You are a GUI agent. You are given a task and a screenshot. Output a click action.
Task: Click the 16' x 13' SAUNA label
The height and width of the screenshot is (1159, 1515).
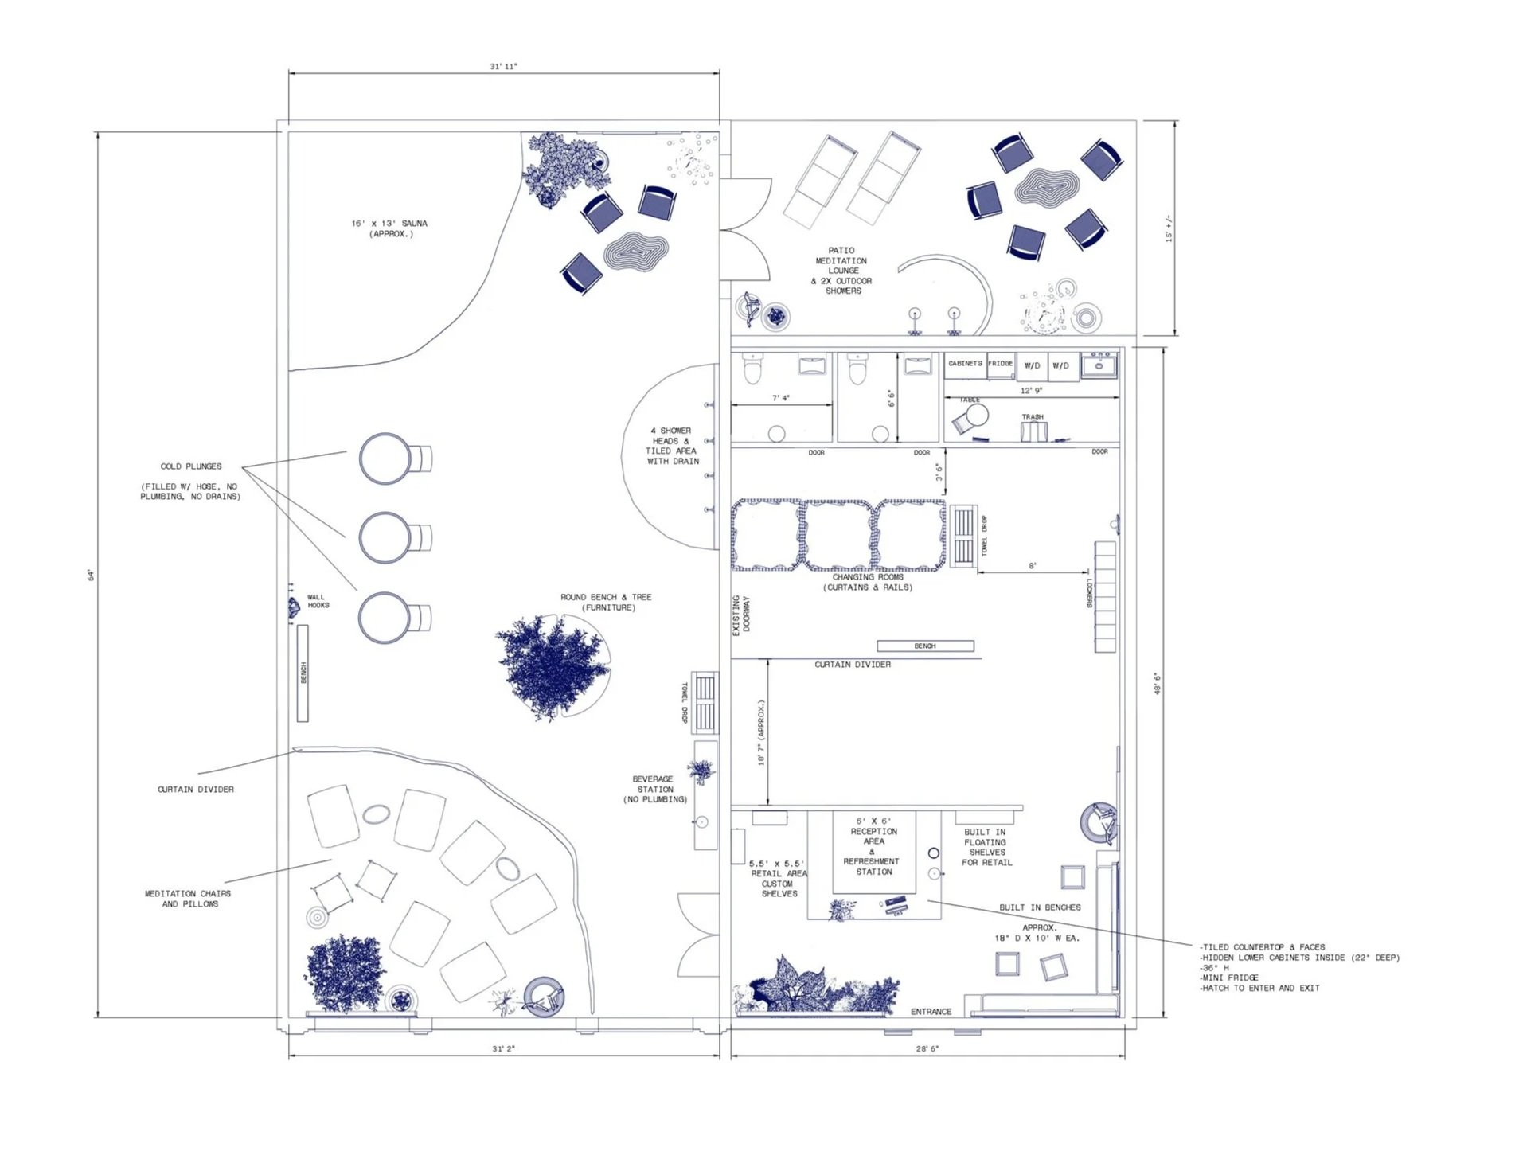[x=389, y=228]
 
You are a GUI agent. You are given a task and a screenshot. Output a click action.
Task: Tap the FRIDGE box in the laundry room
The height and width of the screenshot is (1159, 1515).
[x=1001, y=365]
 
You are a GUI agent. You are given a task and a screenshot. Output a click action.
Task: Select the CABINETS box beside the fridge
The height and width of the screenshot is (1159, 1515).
[x=965, y=365]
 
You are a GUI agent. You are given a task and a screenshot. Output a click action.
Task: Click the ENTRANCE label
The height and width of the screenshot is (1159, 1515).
[x=931, y=1012]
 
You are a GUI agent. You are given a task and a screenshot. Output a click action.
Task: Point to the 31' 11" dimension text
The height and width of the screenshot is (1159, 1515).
[x=503, y=67]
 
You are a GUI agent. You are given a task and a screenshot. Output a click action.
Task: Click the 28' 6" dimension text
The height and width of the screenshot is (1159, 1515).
[x=927, y=1049]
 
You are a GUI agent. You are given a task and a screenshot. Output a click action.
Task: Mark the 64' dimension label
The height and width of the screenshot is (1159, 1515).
[x=92, y=575]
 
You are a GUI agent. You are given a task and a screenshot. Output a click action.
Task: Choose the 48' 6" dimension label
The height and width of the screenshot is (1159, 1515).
[x=1158, y=684]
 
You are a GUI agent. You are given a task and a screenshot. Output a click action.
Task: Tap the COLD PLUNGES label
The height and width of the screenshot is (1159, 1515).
[x=191, y=466]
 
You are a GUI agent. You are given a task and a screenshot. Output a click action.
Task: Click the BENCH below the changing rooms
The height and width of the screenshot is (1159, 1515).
[x=925, y=646]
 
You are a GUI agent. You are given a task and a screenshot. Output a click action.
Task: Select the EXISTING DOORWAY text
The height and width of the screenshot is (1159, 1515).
[x=741, y=615]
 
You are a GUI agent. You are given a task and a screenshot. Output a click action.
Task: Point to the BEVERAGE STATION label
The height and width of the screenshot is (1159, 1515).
[x=654, y=789]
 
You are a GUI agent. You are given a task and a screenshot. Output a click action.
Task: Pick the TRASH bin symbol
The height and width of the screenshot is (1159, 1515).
[x=1033, y=431]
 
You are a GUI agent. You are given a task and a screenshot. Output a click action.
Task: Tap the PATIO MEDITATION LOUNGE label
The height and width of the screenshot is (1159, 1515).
[x=841, y=271]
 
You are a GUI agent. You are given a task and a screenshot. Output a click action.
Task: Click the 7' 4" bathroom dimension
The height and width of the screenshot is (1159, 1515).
[x=781, y=398]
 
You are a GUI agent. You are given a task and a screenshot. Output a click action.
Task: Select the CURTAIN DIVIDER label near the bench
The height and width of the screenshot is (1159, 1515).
[x=853, y=665]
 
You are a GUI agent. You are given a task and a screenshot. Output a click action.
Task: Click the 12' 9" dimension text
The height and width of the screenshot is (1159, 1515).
[x=1031, y=391]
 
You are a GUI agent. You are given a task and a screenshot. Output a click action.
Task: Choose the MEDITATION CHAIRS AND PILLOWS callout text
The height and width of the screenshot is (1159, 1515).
[x=189, y=899]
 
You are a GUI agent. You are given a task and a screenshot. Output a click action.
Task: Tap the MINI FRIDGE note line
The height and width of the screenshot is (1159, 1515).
[x=1230, y=978]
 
